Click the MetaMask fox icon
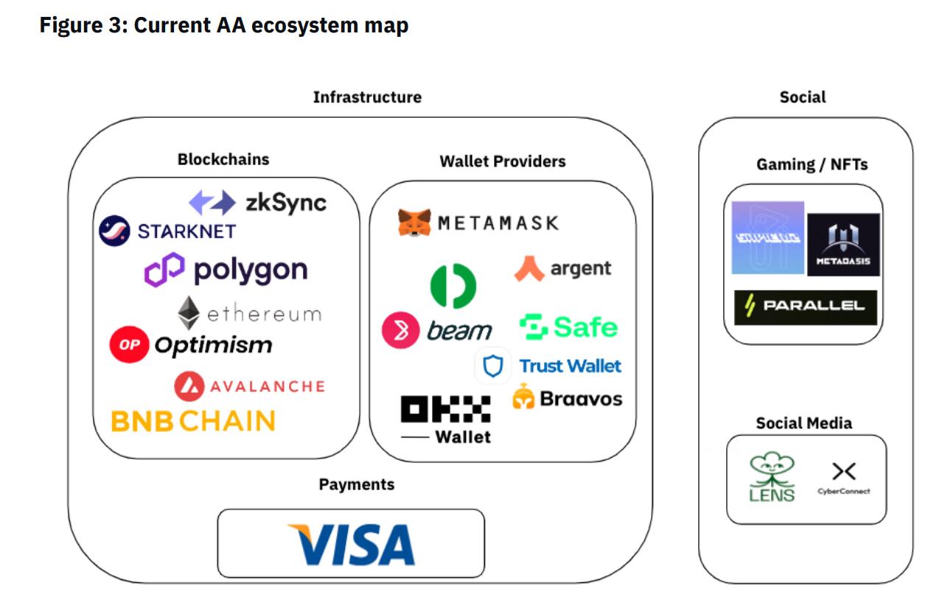[414, 223]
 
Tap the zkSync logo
[257, 203]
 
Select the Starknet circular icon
[114, 231]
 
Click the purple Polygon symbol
[164, 270]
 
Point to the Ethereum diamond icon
[189, 313]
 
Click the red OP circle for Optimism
[129, 345]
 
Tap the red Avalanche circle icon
[189, 386]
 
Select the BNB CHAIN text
[193, 421]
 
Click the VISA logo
[351, 544]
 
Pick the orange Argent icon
[529, 268]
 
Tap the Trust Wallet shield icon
[492, 366]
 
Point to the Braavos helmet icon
[523, 398]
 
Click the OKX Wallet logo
[445, 419]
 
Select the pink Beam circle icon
[400, 331]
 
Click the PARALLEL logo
[805, 307]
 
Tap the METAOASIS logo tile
[843, 245]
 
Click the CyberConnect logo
[843, 478]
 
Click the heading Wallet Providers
[503, 161]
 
